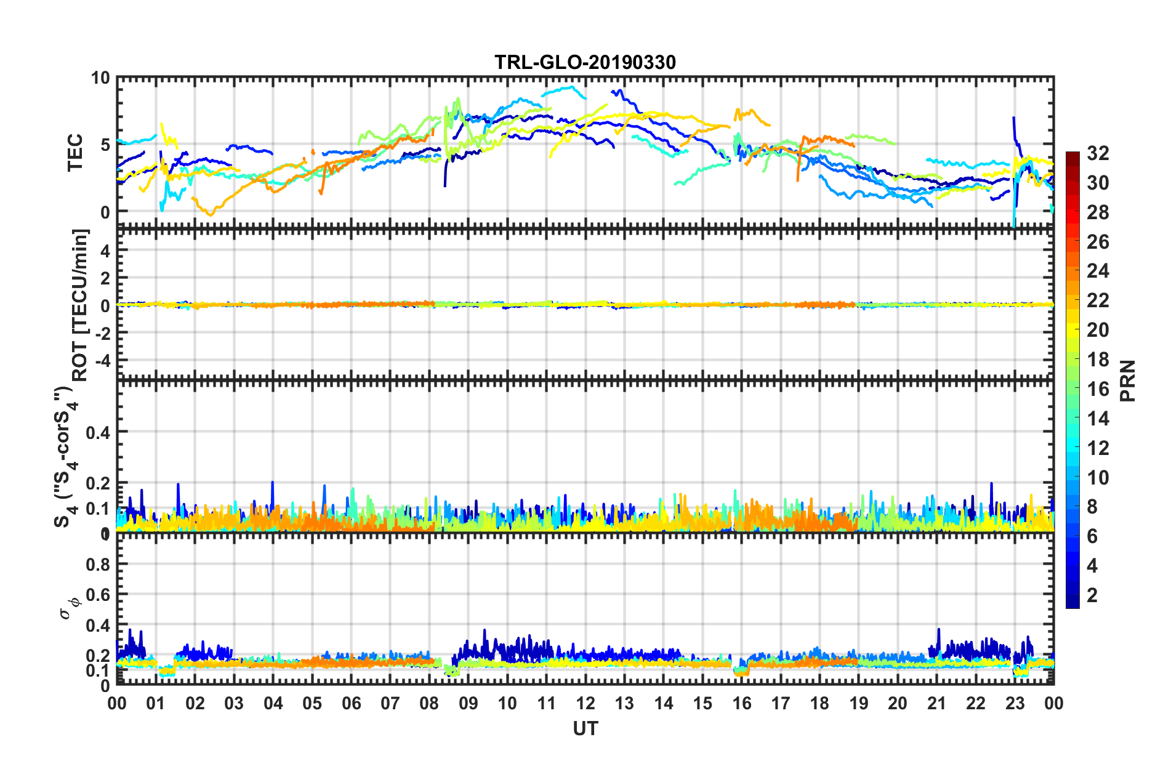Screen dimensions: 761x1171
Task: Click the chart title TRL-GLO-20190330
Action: point(585,62)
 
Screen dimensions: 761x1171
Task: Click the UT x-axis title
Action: point(585,728)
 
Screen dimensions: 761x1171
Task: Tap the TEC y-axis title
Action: point(75,152)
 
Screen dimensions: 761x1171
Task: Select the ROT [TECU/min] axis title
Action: point(80,305)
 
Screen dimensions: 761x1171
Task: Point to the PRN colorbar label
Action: point(1128,381)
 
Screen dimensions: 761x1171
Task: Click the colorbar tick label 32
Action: point(1098,153)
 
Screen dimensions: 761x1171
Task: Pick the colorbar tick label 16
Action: point(1098,389)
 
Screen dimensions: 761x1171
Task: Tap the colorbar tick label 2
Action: point(1092,595)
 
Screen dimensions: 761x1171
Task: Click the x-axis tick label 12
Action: point(585,703)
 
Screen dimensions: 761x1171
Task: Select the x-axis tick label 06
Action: point(351,703)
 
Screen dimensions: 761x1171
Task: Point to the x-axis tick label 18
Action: point(819,703)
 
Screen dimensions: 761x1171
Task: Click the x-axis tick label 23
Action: point(1015,703)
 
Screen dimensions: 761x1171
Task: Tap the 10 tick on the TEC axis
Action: point(100,78)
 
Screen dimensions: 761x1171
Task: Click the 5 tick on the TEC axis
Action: point(105,145)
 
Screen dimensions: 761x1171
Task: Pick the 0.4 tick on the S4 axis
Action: point(98,432)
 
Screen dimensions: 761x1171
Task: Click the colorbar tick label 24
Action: point(1098,271)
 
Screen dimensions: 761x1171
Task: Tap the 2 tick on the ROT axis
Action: point(105,278)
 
